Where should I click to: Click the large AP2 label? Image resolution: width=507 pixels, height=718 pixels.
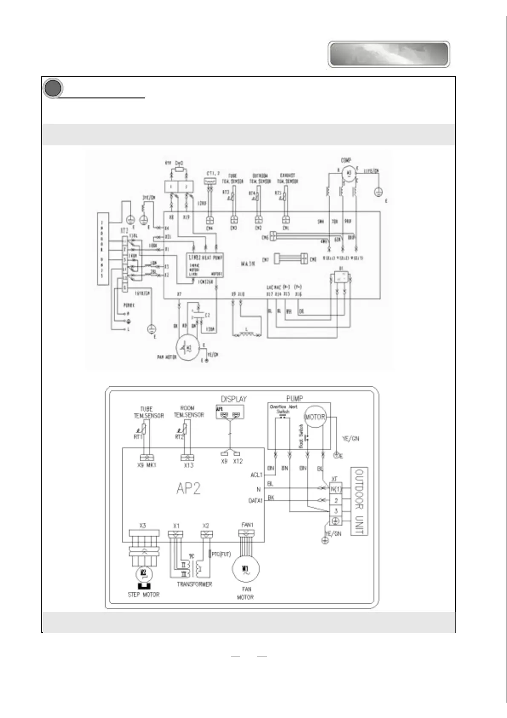click(188, 488)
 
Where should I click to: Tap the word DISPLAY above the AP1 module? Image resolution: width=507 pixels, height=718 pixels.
click(233, 399)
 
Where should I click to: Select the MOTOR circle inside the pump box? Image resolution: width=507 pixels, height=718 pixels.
click(315, 417)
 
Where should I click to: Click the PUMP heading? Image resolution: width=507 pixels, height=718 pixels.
click(294, 398)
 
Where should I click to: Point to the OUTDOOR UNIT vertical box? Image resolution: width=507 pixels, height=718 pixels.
click(359, 501)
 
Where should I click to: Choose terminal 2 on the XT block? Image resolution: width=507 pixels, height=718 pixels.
click(336, 500)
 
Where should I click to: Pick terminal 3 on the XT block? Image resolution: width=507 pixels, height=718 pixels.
click(336, 511)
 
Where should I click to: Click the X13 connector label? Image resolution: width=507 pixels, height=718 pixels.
click(188, 465)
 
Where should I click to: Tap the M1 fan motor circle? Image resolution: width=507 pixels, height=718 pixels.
click(245, 569)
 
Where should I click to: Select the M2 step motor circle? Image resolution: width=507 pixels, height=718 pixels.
click(144, 573)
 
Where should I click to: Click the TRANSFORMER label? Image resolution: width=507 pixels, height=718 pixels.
click(194, 584)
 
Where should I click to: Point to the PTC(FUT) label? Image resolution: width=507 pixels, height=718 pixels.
click(221, 554)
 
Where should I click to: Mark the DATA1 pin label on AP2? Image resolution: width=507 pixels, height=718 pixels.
click(255, 501)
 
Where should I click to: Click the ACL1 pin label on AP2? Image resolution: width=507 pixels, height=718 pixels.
click(256, 475)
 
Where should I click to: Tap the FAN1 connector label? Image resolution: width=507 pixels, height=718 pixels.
click(247, 525)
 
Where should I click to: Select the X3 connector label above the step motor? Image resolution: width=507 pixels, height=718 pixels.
click(142, 525)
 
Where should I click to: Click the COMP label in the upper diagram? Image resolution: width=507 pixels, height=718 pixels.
click(346, 160)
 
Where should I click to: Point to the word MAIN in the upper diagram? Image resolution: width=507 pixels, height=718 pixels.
click(248, 264)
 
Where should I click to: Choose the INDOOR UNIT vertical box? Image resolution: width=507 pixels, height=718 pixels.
click(102, 248)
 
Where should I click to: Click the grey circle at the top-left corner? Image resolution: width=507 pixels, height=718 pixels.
click(52, 88)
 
